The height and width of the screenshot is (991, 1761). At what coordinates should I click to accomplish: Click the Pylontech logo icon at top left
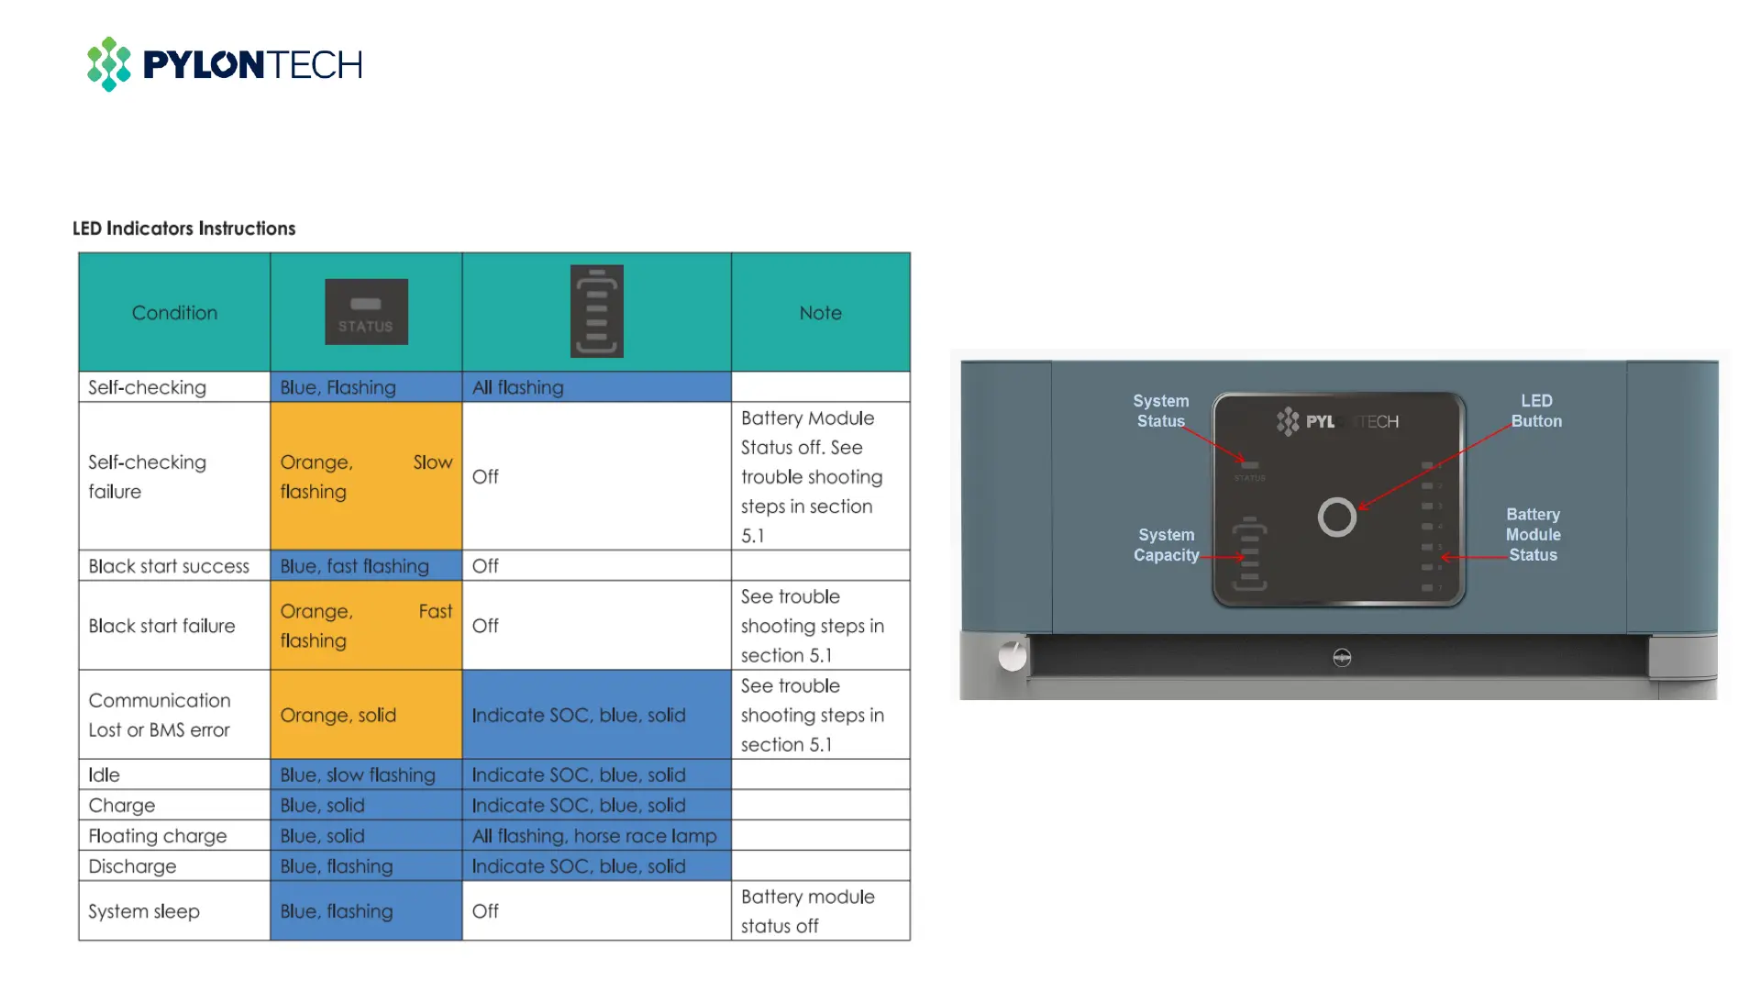108,64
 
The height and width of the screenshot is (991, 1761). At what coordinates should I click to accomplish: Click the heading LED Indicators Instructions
183,228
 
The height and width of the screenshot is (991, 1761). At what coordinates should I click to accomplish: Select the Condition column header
174,313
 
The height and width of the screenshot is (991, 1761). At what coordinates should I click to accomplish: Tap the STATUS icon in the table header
366,312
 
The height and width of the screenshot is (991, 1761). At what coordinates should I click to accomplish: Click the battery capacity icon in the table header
596,311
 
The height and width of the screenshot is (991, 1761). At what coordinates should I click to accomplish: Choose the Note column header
820,313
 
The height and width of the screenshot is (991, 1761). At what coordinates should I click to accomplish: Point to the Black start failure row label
161,626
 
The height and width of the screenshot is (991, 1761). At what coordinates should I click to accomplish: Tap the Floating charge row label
157,836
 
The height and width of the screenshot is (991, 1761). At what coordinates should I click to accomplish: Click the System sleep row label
144,911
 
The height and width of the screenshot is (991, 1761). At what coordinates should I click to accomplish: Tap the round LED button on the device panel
1336,518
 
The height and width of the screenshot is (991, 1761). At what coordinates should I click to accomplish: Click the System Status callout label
1160,411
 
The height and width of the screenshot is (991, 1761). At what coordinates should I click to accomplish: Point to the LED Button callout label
1536,411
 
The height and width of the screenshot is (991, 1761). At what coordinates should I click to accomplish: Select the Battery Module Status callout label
1533,535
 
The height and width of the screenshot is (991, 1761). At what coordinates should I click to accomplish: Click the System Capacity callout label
1166,545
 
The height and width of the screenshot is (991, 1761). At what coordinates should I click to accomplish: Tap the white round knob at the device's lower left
1012,656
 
